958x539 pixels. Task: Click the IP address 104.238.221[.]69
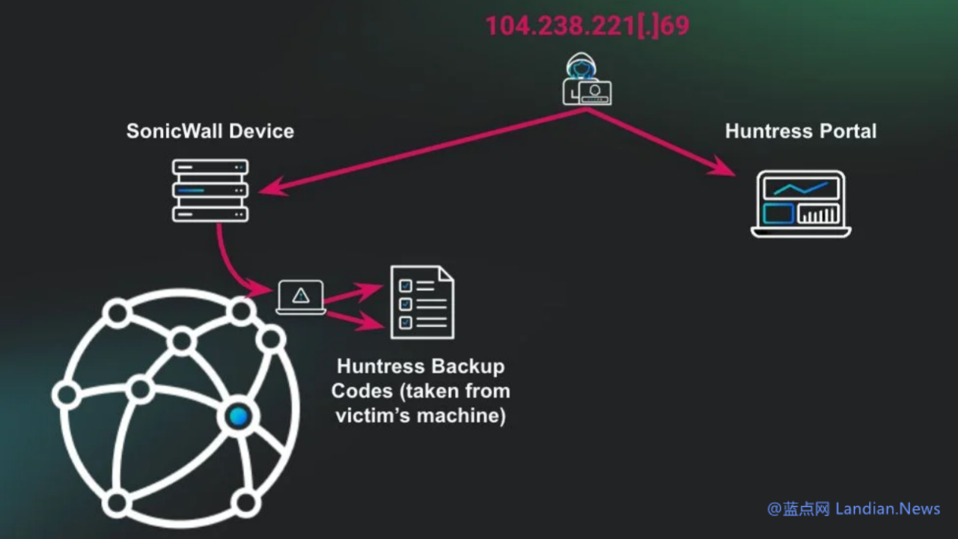coord(588,26)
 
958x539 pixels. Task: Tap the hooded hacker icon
coord(587,79)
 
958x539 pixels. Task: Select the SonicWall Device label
coord(210,131)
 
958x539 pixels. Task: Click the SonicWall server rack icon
coord(210,190)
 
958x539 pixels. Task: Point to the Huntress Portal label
coord(801,131)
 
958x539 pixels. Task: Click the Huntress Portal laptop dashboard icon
coord(801,204)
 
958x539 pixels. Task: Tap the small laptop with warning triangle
coord(301,297)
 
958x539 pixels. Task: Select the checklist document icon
coord(422,302)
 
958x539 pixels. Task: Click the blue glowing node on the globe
coord(239,417)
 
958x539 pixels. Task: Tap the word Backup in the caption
coord(469,367)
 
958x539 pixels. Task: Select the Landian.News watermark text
coord(889,509)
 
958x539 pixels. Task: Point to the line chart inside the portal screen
coord(801,188)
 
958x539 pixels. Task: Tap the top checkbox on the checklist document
coord(406,285)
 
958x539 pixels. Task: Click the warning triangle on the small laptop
coord(301,295)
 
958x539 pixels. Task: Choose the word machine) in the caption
coord(463,415)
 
